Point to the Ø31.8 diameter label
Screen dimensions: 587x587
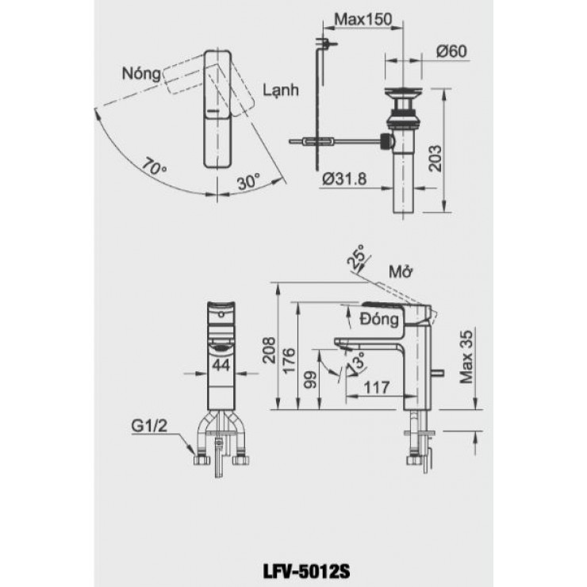pos(344,178)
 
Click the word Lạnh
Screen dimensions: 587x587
pos(281,91)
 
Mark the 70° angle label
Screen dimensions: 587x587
pos(155,167)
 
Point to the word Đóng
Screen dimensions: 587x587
pos(377,320)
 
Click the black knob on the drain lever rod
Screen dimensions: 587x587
pos(386,143)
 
